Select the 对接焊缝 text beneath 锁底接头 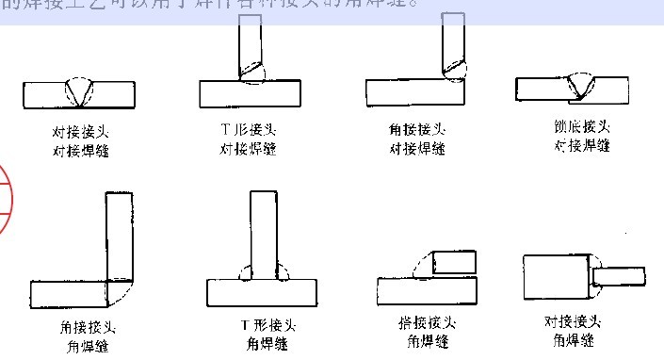pyautogui.click(x=582, y=146)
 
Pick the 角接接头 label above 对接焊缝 pyautogui.click(x=416, y=129)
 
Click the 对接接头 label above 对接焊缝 pyautogui.click(x=80, y=131)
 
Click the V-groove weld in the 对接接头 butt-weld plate pyautogui.click(x=80, y=91)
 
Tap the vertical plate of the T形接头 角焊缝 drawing pyautogui.click(x=265, y=231)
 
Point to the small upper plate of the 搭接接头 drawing pyautogui.click(x=453, y=261)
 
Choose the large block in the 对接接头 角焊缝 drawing pyautogui.click(x=556, y=276)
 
